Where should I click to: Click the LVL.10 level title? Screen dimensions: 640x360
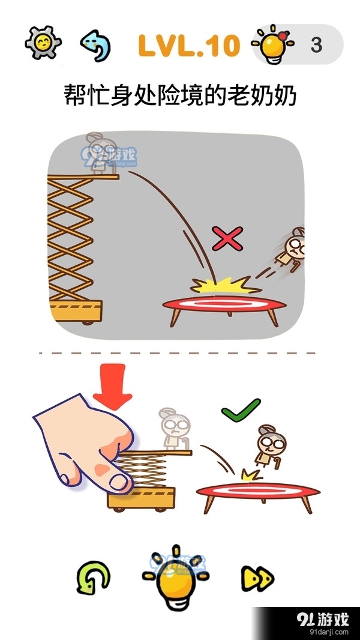tap(188, 45)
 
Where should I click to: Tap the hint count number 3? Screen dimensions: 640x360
tap(316, 45)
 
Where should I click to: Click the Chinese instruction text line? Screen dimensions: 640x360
tap(180, 95)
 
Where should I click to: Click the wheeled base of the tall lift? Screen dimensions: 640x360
tap(75, 313)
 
